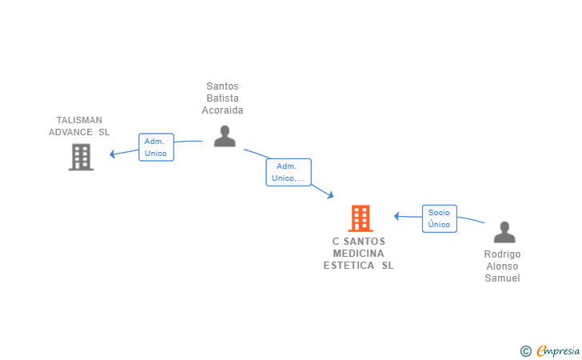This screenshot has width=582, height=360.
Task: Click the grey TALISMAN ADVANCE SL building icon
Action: coord(81,157)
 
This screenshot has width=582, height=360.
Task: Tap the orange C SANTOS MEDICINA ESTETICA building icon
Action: coord(361,218)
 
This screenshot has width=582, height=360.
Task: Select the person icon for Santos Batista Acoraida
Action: coord(225,136)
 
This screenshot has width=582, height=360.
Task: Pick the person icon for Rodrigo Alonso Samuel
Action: coord(504,232)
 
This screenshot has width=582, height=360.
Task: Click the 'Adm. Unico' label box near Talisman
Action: coord(156,147)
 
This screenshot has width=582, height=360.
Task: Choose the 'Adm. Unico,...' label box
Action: coord(289,172)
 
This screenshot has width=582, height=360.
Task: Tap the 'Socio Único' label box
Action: coord(440,218)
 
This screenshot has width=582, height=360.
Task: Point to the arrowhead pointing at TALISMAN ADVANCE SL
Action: coord(112,154)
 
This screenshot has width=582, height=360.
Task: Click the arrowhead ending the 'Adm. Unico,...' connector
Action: coord(330,195)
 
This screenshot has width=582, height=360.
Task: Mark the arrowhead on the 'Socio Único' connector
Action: coord(397,216)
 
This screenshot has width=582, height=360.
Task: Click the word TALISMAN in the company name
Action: coord(79,120)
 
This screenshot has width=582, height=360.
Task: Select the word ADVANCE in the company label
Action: coord(70,132)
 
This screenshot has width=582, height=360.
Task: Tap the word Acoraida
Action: coord(222,110)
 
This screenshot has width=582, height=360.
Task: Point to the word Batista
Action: coord(222,98)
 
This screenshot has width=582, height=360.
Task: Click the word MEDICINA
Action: coord(358,254)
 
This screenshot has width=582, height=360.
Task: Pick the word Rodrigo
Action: coord(502,254)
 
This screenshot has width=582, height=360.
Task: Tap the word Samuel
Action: coord(502,278)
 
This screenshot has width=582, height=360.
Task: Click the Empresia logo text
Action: coord(558,351)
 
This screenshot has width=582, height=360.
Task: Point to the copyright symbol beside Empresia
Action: coord(525,351)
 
